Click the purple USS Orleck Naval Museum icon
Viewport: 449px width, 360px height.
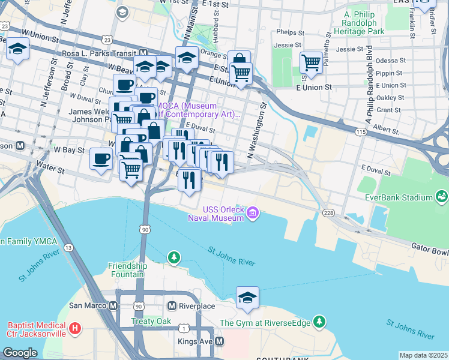click(253, 213)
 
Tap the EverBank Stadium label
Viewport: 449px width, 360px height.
click(399, 197)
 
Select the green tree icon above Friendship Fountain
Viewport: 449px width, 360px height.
click(173, 257)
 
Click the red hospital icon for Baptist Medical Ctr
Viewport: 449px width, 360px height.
click(74, 328)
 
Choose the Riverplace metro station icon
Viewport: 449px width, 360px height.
click(172, 306)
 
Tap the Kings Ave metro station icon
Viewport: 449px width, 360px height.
click(220, 341)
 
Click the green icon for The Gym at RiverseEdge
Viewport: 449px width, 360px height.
click(319, 323)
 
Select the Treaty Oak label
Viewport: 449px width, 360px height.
click(151, 321)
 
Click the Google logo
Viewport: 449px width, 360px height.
click(20, 353)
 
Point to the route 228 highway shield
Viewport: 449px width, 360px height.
click(328, 212)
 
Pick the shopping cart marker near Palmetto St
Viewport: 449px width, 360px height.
click(311, 62)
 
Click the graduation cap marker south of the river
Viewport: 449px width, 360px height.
click(247, 297)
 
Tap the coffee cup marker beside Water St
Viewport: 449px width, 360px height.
click(101, 158)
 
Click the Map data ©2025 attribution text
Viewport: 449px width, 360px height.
click(423, 355)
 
